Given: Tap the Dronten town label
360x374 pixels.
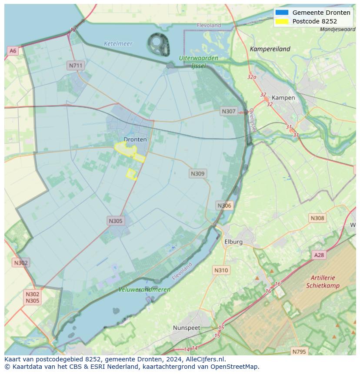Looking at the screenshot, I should pos(135,139).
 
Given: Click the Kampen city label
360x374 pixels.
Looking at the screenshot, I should pos(283,98).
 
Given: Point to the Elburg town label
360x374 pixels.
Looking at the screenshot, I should pos(233,242).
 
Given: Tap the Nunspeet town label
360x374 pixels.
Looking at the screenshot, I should pos(186,328).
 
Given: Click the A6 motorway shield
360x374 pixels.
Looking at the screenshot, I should pos(13,51).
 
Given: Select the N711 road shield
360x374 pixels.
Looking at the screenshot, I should pos(75,65).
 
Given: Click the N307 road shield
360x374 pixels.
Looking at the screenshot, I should pos(228,111).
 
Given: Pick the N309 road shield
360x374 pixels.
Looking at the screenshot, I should pos(197,173).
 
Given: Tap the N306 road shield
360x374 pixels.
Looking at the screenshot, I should pos(224,205).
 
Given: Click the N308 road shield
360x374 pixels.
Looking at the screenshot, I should pos(317,218).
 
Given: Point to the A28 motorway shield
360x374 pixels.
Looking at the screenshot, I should pos(319,255).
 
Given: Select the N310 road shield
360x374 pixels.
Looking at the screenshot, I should pos(221,270).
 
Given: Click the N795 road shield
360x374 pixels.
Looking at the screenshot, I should pos(299,351).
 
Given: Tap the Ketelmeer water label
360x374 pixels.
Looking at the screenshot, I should pos(118,43).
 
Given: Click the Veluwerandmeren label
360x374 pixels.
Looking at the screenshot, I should pos(144,289).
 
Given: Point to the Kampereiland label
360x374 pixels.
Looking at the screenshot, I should pos(270,49).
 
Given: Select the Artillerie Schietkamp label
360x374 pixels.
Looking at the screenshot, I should pos(323,281).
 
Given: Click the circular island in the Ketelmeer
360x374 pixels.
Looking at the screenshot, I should pos(158,44).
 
